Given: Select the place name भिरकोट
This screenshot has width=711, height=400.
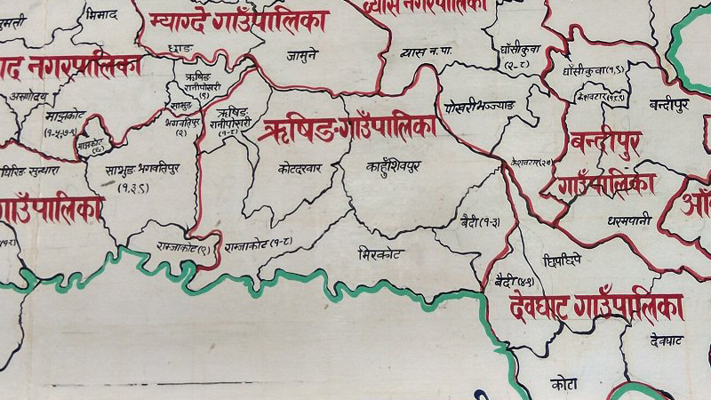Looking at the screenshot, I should click(379, 253).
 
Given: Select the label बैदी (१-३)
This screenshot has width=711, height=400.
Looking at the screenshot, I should click(480, 220).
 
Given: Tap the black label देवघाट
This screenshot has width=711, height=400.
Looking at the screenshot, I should click(666, 340).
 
